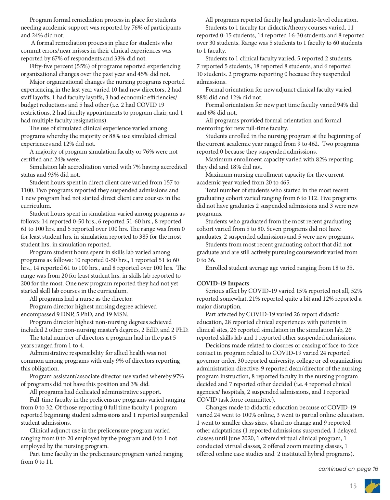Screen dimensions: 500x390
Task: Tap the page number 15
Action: (353, 486)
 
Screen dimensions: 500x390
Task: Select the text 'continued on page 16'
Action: (348, 469)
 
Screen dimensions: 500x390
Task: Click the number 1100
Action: (27, 190)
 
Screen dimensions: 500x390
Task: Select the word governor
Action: (209, 361)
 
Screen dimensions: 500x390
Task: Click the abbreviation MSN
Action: (121, 314)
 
